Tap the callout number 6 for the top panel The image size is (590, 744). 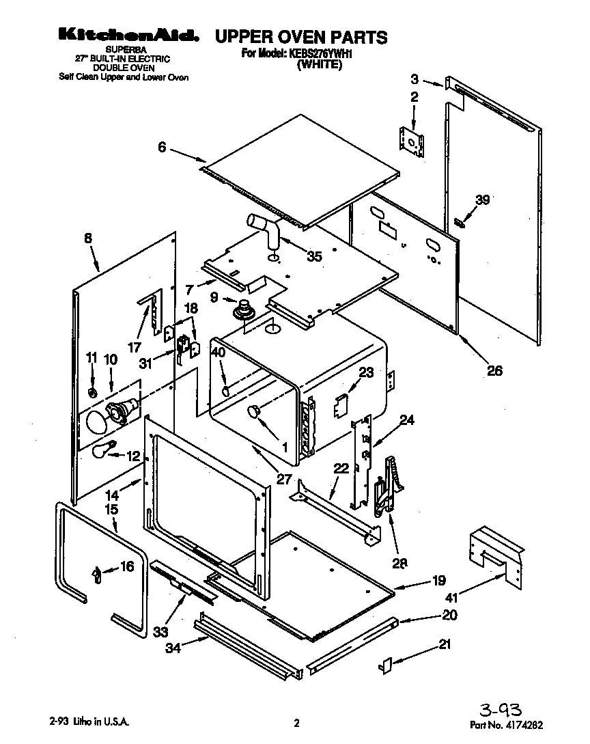(162, 146)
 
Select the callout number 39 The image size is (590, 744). (483, 199)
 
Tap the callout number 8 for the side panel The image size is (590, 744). (87, 239)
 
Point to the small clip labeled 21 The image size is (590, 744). (384, 664)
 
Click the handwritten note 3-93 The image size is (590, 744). (503, 708)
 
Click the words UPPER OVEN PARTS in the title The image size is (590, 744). (301, 37)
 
